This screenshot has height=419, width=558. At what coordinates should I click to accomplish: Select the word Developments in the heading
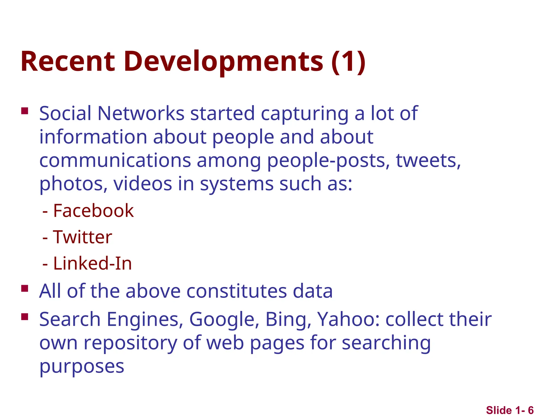(x=223, y=62)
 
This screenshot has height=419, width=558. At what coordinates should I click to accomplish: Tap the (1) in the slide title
(x=348, y=62)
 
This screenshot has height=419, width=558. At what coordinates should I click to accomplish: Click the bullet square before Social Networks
(x=25, y=111)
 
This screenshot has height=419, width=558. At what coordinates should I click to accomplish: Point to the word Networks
(x=141, y=113)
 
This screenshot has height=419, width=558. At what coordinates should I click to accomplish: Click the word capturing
(x=305, y=114)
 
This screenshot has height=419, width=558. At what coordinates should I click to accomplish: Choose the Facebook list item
(x=93, y=211)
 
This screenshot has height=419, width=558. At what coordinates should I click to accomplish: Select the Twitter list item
(x=82, y=237)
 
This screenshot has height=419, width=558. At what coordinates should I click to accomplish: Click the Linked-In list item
(x=92, y=263)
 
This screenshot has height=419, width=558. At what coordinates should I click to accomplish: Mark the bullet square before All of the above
(x=25, y=288)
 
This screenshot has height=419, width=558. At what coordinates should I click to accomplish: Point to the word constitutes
(x=236, y=291)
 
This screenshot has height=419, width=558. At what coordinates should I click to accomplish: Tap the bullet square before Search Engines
(x=25, y=316)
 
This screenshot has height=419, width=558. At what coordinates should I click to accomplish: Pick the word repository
(x=130, y=343)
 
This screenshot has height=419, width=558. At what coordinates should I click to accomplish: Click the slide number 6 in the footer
(x=530, y=410)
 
